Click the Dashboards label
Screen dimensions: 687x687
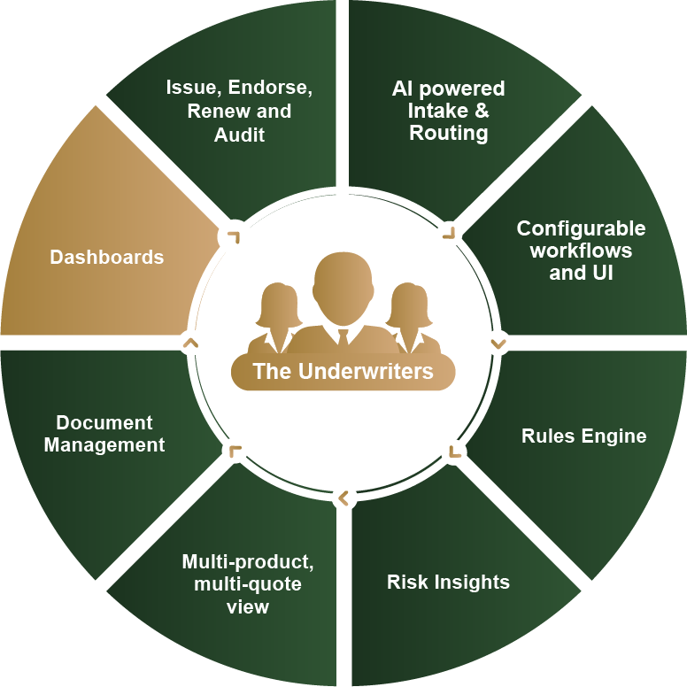click(106, 257)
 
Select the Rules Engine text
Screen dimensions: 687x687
click(583, 436)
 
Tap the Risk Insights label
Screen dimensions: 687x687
click(448, 582)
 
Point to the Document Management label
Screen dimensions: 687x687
click(104, 434)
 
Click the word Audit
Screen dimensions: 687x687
click(239, 135)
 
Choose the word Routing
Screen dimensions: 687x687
click(449, 133)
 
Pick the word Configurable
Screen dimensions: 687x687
click(581, 228)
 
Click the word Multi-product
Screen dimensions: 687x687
click(248, 561)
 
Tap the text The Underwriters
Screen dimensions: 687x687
click(343, 371)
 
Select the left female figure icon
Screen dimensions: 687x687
click(278, 317)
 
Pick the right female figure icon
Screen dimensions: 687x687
click(409, 317)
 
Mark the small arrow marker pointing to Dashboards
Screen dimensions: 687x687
click(189, 342)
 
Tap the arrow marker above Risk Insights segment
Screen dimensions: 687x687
click(343, 498)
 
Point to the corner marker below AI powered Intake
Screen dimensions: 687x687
click(449, 232)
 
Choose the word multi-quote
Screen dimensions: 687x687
click(247, 584)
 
